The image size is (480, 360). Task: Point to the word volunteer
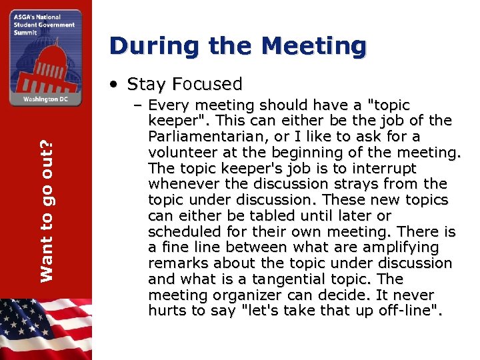[x=179, y=153]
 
